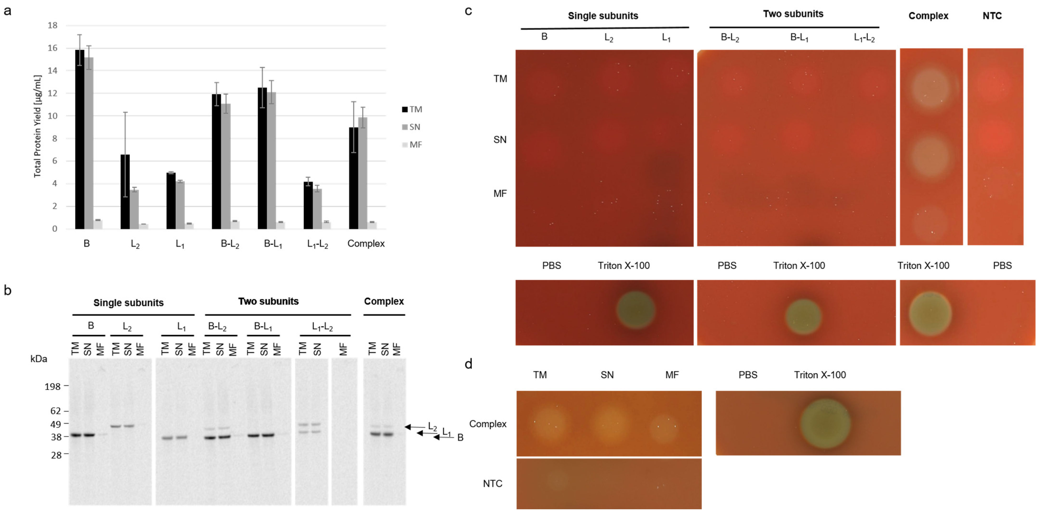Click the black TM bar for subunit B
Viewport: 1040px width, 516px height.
(x=80, y=139)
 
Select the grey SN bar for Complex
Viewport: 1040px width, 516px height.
(x=362, y=173)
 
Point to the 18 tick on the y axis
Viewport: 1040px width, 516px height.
(x=53, y=25)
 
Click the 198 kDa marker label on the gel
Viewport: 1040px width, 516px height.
(x=53, y=387)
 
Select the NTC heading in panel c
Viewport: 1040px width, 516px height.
(x=992, y=16)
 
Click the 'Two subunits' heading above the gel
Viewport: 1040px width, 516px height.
(x=268, y=301)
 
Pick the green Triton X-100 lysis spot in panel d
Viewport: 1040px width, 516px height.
(x=825, y=424)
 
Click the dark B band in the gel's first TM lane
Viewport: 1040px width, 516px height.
(x=76, y=435)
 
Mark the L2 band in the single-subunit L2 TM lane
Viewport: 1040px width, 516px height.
(x=116, y=426)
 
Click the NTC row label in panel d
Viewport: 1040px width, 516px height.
(x=493, y=483)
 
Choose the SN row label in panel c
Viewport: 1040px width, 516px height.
(x=500, y=140)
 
